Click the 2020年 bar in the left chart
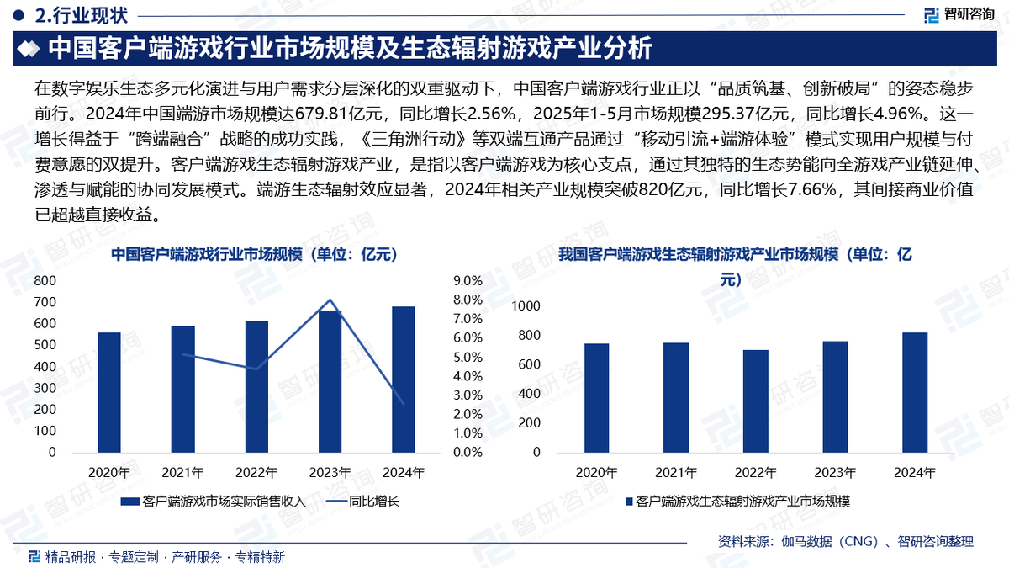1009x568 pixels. pos(109,392)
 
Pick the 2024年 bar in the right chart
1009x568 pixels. pos(914,392)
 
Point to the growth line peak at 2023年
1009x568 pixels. pos(330,300)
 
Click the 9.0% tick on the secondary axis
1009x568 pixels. pos(468,280)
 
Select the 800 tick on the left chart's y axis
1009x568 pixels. pos(46,280)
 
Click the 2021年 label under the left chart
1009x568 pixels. pos(182,472)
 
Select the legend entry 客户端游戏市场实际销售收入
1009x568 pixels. pos(214,502)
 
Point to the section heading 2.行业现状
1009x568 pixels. pos(75,15)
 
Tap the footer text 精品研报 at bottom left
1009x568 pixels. pos(71,556)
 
